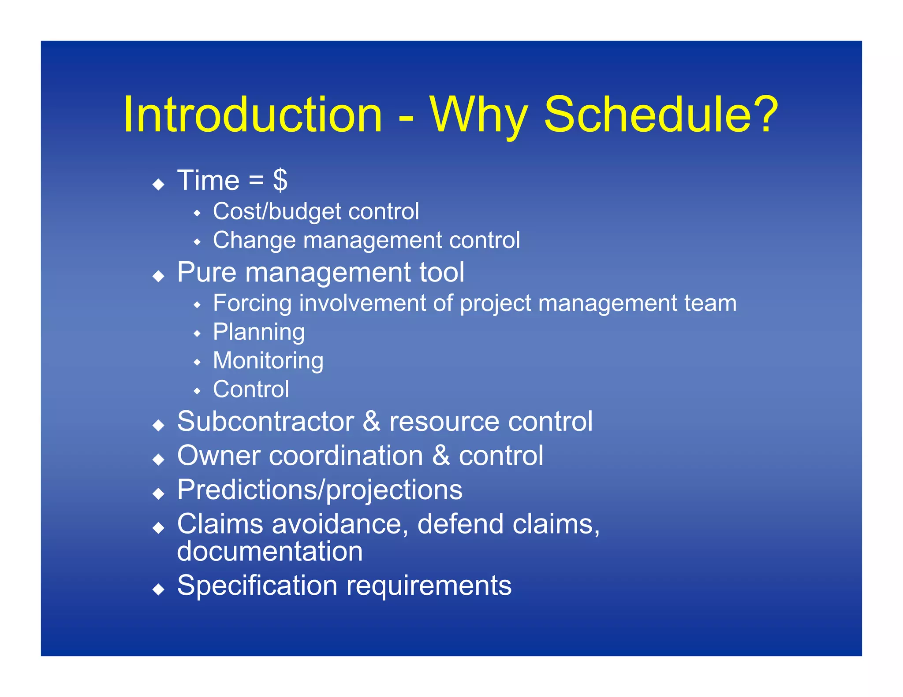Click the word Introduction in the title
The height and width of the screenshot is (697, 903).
(252, 115)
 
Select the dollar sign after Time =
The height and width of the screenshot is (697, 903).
(280, 180)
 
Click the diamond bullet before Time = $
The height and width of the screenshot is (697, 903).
(158, 184)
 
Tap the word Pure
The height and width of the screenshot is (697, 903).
(207, 272)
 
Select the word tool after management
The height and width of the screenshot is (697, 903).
(441, 272)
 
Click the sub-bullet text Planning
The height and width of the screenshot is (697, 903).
(259, 332)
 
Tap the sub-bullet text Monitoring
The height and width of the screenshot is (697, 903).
(268, 361)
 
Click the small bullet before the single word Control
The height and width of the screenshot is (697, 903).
(197, 391)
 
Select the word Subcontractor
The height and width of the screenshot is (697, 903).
(265, 422)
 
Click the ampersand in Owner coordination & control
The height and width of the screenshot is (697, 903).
(441, 456)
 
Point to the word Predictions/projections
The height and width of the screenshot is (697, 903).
(320, 490)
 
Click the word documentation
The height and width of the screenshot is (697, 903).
(269, 551)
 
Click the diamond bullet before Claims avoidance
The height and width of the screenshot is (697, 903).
(158, 527)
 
